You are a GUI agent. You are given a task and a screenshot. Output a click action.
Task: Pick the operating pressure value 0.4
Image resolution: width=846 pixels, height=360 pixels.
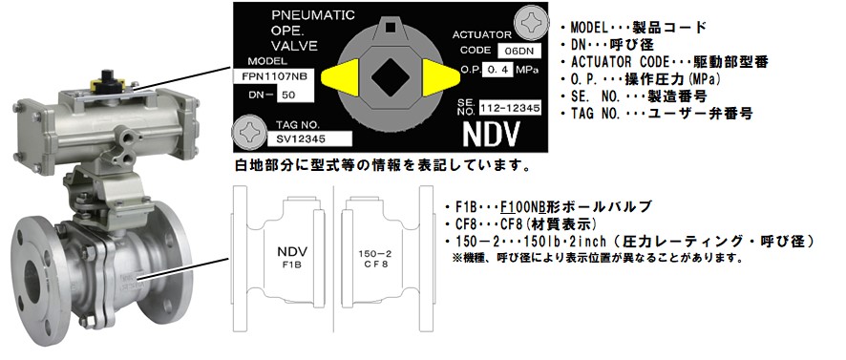pos(497,70)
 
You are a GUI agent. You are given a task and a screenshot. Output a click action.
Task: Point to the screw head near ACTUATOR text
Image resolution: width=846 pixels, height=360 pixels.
pos(529,20)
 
